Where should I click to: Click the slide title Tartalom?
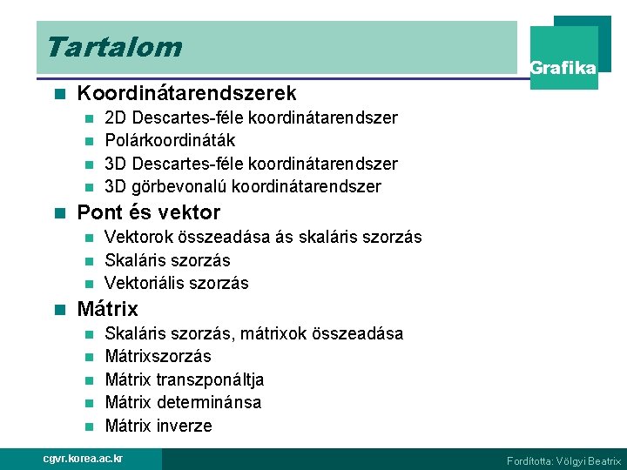(114, 46)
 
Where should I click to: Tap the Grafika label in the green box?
(563, 68)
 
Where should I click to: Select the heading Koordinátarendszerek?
(186, 93)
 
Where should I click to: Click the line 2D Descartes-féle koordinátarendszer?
(251, 117)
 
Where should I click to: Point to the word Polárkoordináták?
(170, 140)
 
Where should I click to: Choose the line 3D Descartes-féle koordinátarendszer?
(251, 164)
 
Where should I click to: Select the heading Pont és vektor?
(149, 212)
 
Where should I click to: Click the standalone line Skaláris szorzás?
(167, 260)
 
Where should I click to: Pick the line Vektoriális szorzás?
(176, 283)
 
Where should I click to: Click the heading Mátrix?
(108, 309)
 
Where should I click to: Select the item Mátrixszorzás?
(158, 356)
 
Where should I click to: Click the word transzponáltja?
(210, 379)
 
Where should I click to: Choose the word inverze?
(185, 426)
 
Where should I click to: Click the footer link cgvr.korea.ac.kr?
(84, 459)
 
